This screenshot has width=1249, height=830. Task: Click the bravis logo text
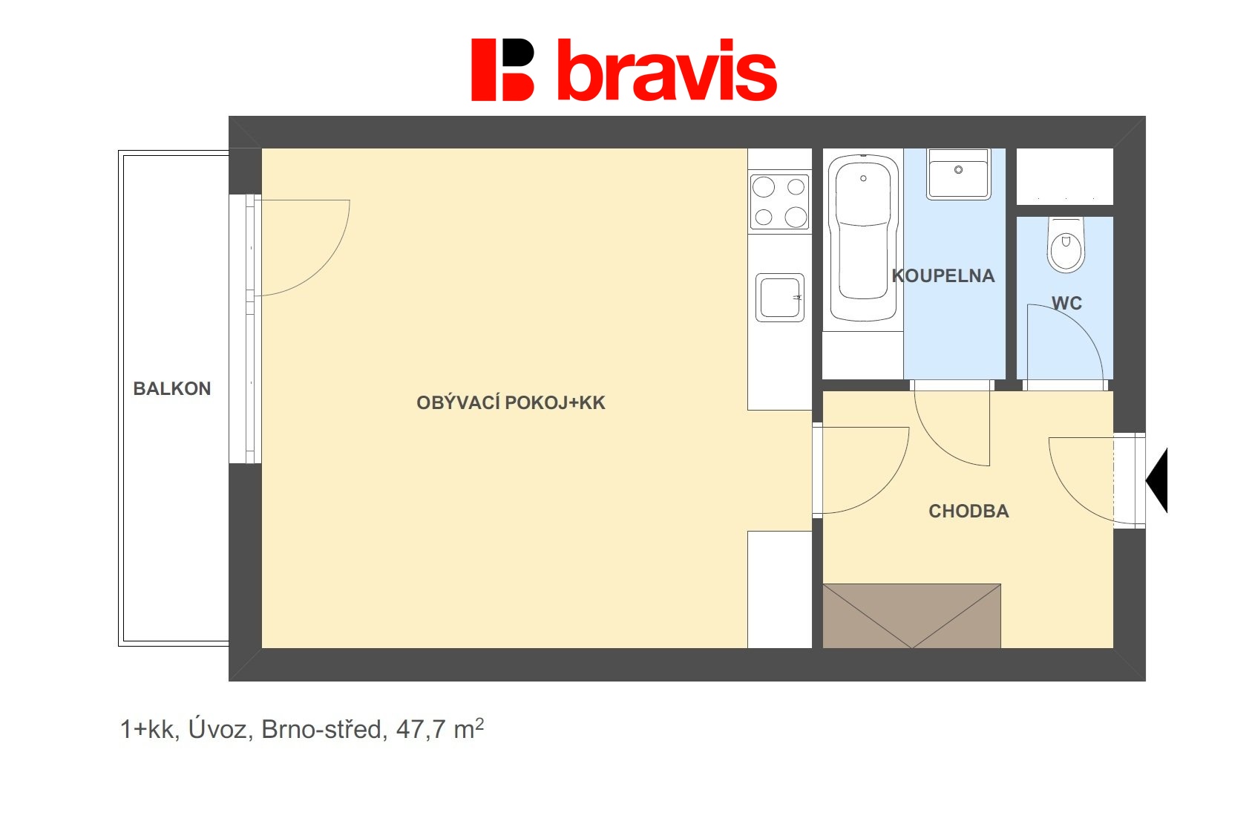666,71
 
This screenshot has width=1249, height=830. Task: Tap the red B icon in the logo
502,70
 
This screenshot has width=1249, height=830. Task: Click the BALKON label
171,388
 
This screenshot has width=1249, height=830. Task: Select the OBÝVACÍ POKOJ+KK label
511,402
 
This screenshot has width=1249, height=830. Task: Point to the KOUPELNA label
943,275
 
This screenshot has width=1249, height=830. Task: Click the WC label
1066,303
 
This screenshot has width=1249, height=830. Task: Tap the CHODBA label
968,511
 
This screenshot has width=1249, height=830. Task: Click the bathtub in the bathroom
862,238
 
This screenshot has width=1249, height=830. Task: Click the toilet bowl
1066,245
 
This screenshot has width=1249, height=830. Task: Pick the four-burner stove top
779,201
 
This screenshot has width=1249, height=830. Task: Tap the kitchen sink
779,297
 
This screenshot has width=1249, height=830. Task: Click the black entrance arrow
1158,480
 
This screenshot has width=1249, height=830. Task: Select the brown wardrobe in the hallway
911,615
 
